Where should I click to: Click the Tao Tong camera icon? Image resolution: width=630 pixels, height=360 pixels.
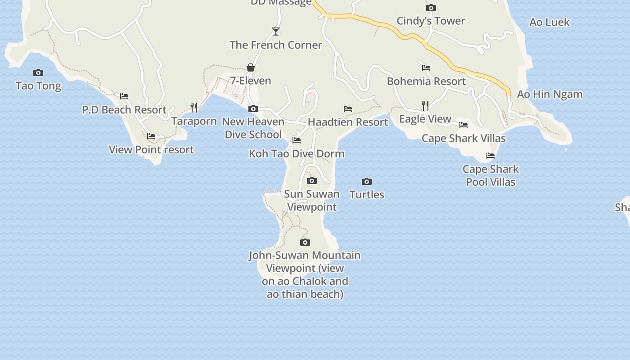coord(38,72)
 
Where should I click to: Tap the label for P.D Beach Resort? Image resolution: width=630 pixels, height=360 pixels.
coord(124,110)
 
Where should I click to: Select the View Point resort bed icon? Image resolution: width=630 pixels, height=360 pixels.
coord(151,136)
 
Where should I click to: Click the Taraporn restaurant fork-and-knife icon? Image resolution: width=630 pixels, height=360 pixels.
coord(194,107)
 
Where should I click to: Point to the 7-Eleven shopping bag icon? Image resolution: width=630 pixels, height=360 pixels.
coord(251,67)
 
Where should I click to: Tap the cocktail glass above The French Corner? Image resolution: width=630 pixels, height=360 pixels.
coord(276,31)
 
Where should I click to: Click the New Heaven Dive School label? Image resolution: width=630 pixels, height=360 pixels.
coord(253,128)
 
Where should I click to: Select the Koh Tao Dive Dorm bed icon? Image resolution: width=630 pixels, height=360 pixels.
coord(297,140)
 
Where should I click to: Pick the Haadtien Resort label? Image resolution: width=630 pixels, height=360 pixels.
coord(348,122)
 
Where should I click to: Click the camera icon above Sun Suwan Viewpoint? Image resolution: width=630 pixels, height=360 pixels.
coord(311,181)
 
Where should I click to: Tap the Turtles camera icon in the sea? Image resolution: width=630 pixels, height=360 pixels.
coord(367,181)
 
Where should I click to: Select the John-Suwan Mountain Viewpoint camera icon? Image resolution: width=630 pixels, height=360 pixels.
coord(305,242)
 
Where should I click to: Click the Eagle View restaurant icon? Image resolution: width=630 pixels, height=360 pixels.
coord(425,105)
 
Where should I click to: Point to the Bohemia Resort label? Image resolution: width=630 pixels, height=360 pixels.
coord(426,81)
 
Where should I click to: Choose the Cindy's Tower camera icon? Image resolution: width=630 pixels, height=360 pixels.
coord(431,8)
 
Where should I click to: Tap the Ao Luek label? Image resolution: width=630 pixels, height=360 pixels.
coord(549,22)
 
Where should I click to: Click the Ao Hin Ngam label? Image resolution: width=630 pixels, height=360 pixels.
coord(549,94)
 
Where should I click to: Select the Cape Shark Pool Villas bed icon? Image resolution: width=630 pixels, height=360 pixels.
coord(490,156)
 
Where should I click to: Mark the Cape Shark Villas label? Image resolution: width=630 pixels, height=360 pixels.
coord(463,138)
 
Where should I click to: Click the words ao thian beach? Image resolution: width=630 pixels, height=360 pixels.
coord(305,294)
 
